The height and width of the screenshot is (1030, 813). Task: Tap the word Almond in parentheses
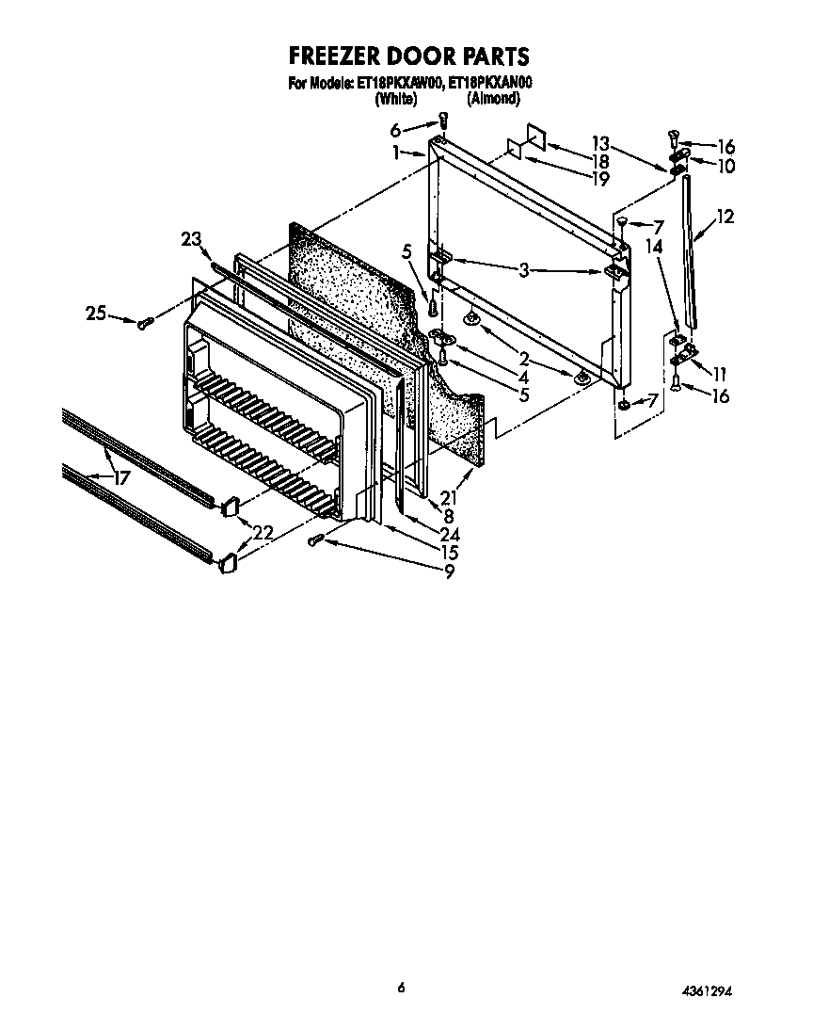(x=493, y=97)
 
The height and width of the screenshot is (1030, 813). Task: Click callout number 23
(x=191, y=240)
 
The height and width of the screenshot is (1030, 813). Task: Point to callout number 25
(x=96, y=314)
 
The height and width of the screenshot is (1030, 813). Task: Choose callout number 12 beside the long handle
(x=725, y=217)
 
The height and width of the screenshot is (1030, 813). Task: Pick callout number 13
(x=600, y=143)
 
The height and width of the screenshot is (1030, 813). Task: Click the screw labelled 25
(x=145, y=324)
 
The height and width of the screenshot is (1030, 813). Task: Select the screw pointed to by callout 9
(x=317, y=539)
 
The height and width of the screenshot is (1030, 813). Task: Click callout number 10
(x=725, y=166)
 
